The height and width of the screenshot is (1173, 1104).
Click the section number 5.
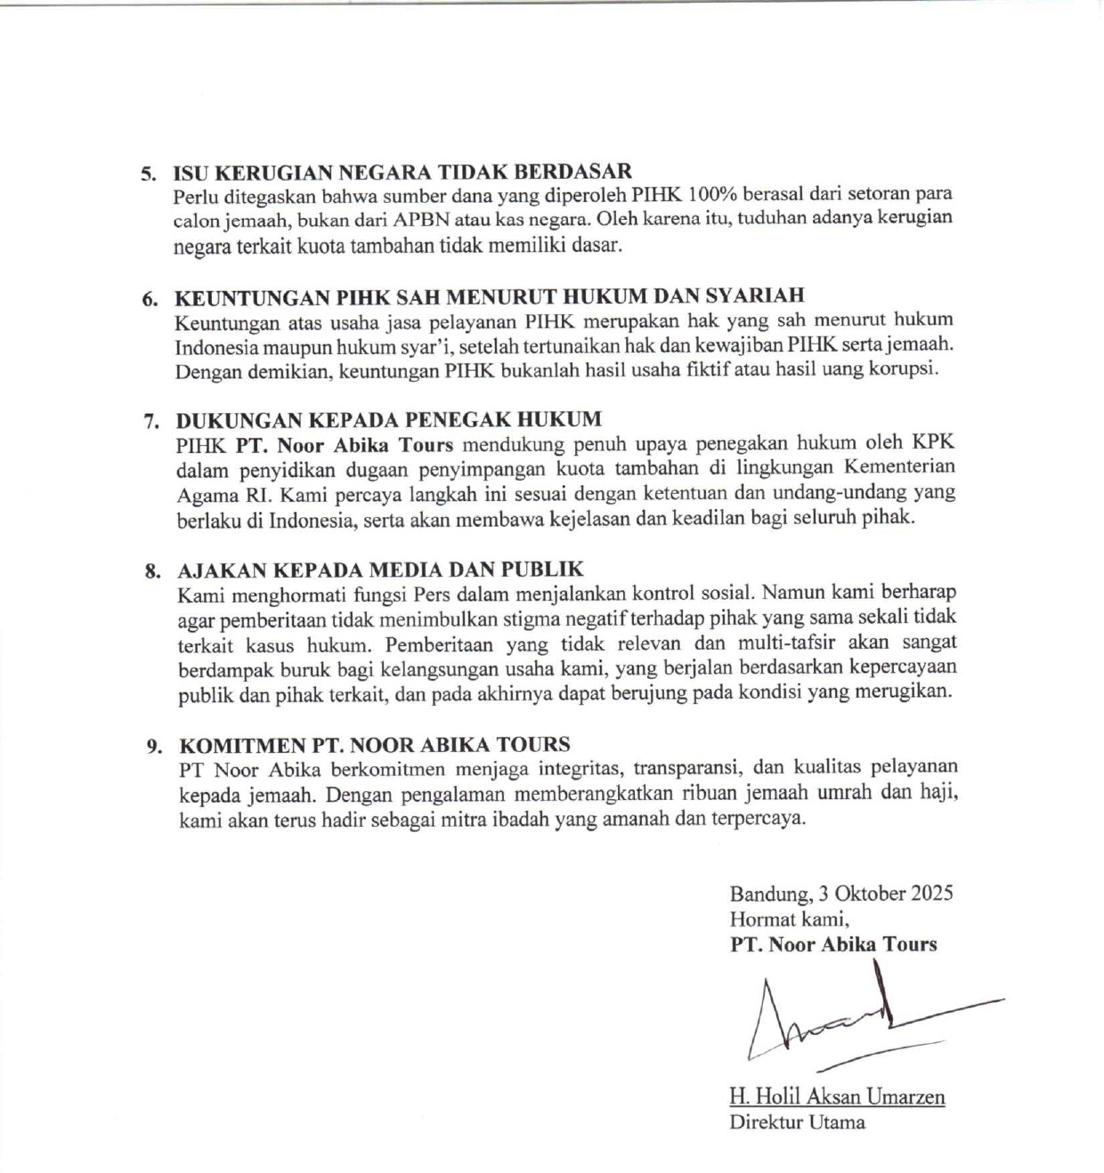[x=147, y=173]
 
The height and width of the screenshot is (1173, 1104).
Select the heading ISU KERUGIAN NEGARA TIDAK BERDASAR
[x=402, y=172]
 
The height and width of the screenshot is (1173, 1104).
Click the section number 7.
[x=151, y=420]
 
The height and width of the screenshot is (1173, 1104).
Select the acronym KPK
[x=933, y=442]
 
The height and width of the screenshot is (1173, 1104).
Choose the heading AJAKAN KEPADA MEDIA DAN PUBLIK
[x=380, y=570]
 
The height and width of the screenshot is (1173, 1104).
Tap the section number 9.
[x=154, y=746]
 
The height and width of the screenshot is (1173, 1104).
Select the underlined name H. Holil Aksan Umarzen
[x=837, y=1096]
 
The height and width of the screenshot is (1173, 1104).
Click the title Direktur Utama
[x=797, y=1121]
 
